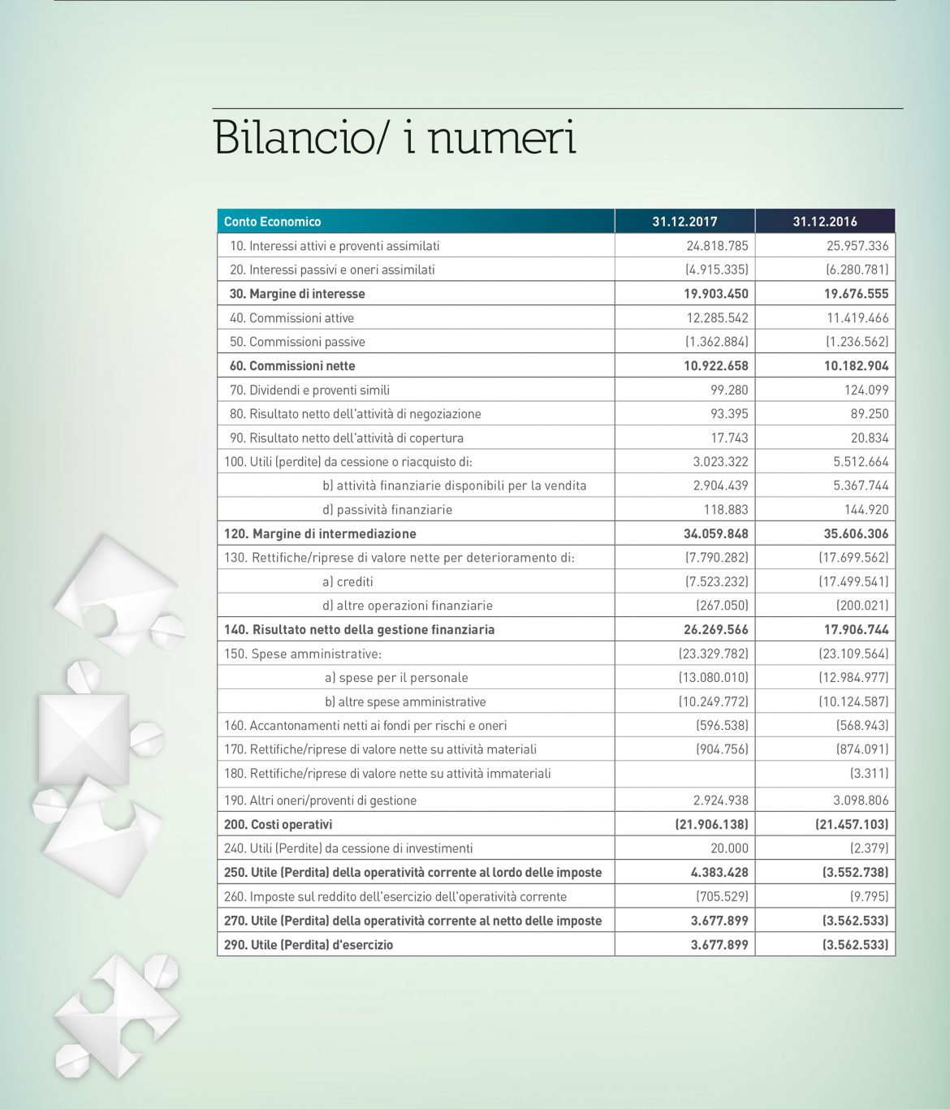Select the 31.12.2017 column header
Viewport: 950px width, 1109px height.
coord(684,222)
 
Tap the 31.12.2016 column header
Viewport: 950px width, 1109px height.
coord(825,222)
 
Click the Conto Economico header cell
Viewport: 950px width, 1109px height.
coord(272,222)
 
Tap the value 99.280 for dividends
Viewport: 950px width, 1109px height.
coord(729,390)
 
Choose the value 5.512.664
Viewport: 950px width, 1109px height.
coord(861,462)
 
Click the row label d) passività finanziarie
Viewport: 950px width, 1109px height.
coord(387,510)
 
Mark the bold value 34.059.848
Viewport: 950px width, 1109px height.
coord(716,534)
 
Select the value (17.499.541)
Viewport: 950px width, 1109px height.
coord(853,582)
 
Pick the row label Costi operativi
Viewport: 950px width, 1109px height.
coord(291,825)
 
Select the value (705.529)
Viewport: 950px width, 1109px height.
coord(722,897)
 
